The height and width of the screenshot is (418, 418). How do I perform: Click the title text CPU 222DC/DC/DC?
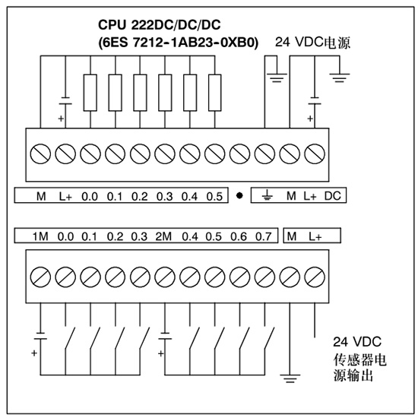click(160, 25)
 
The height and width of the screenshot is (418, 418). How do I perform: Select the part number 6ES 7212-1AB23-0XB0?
click(179, 43)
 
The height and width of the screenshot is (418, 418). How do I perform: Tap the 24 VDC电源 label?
click(312, 43)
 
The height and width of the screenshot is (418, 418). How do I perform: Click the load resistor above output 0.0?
click(90, 93)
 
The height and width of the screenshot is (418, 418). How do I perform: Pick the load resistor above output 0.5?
click(214, 93)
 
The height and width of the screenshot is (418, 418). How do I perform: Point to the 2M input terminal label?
click(163, 236)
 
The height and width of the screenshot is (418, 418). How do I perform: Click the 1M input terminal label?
click(40, 236)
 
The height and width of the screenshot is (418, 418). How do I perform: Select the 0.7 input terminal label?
click(264, 236)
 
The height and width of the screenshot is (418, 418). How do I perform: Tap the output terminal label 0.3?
click(165, 197)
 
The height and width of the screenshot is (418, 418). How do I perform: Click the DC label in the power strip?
click(333, 196)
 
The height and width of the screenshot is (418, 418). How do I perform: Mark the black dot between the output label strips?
click(239, 195)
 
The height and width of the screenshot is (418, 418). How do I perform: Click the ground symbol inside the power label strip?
click(267, 195)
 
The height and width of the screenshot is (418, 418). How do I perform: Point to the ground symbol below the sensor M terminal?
click(290, 378)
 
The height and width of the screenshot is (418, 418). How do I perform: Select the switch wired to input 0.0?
click(70, 337)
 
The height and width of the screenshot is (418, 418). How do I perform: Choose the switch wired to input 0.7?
click(269, 337)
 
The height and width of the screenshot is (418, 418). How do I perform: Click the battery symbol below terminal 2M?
click(165, 336)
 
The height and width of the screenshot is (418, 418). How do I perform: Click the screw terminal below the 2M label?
click(165, 277)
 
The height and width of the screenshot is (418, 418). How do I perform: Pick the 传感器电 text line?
click(359, 359)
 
